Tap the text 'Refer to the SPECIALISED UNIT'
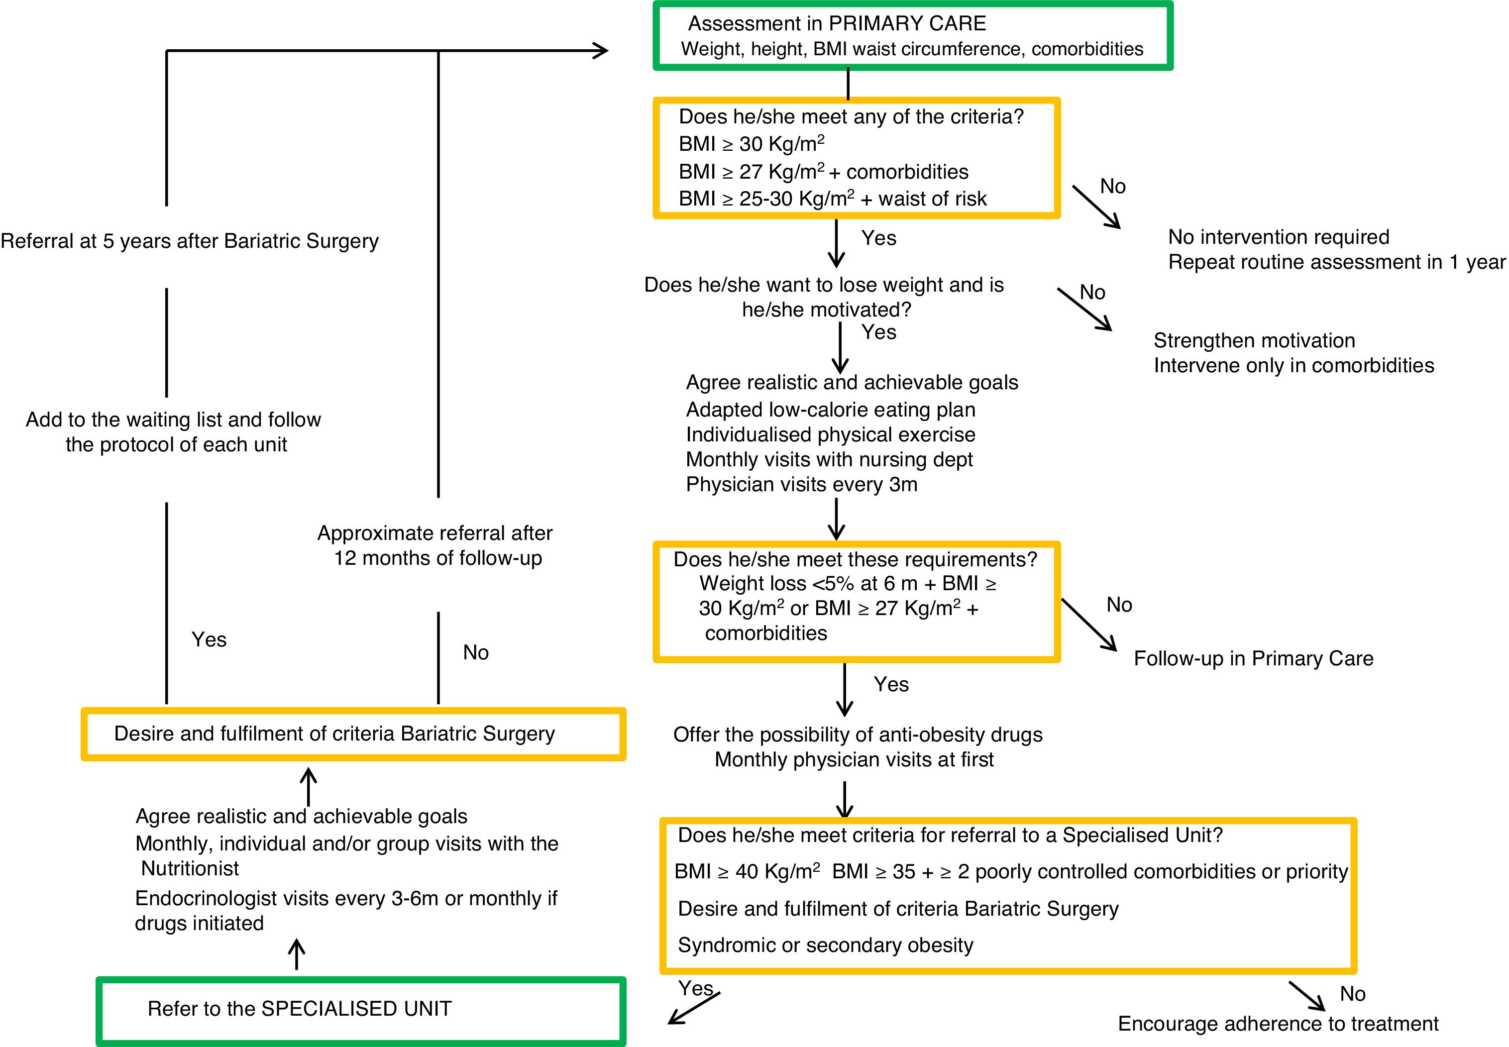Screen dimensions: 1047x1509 pos(299,1008)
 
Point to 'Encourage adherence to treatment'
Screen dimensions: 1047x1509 pos(1278,1024)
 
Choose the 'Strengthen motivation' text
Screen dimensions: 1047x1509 pos(1254,340)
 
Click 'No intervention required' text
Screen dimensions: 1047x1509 pos(1279,237)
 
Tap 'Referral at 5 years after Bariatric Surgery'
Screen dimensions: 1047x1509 pos(190,241)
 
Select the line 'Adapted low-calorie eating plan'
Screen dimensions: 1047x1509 pos(831,410)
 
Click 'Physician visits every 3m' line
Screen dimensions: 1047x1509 pos(801,484)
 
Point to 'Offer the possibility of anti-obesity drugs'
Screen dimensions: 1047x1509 pos(858,734)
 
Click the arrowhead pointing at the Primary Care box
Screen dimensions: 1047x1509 pos(600,51)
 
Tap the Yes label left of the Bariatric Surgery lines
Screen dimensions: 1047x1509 pos(209,639)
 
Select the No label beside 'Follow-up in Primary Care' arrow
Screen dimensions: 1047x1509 pos(1119,605)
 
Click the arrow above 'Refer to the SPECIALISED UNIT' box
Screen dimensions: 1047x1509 pos(297,954)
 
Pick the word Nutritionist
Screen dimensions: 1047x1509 pos(190,868)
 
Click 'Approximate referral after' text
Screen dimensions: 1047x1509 pos(434,532)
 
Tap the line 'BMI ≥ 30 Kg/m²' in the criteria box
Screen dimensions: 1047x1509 pos(751,144)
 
